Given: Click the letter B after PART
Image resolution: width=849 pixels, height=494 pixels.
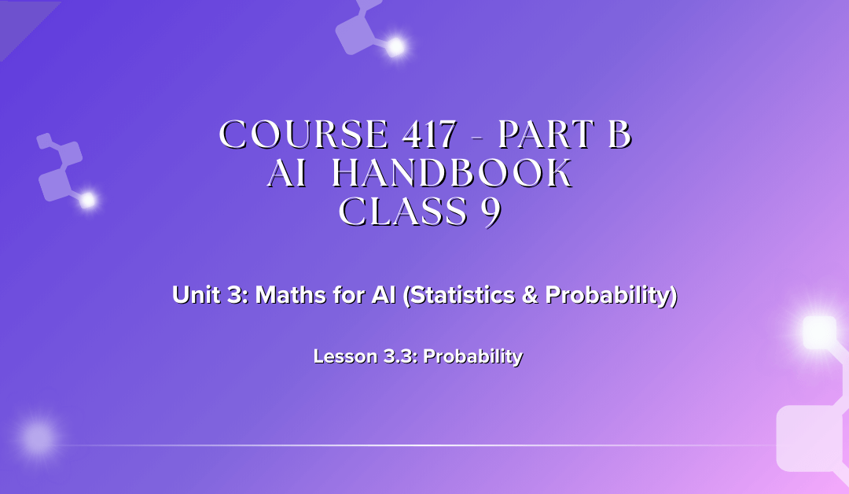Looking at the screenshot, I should point(619,135).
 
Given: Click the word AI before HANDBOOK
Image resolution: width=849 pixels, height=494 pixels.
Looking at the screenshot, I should point(286,174).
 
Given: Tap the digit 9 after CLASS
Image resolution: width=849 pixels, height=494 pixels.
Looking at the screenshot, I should point(491,212).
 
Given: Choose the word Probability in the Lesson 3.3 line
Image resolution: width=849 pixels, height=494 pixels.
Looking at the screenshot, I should point(475,356).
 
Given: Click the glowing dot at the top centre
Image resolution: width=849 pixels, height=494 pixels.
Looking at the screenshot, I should point(395,47).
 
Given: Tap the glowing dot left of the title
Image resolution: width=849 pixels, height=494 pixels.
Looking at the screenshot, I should point(87,201).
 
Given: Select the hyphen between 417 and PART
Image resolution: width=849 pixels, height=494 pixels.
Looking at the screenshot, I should point(477,138).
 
